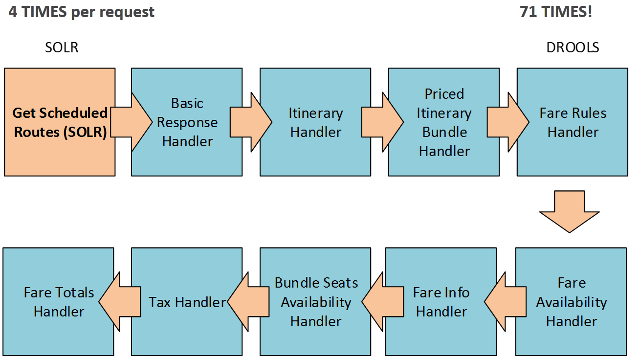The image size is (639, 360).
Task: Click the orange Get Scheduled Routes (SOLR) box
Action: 60,122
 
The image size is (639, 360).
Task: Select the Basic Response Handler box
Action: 187,122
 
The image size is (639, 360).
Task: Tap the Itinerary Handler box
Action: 315,122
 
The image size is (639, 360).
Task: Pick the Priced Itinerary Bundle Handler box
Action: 444,122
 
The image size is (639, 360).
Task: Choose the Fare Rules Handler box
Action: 573,122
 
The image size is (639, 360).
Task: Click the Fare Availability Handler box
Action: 571,301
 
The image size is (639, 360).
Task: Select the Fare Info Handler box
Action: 441,301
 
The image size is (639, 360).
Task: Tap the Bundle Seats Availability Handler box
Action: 315,301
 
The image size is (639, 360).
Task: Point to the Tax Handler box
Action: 187,301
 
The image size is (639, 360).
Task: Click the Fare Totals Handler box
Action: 58,301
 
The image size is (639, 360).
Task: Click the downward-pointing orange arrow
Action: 570,211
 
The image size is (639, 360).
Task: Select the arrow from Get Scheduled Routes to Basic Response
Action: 132,122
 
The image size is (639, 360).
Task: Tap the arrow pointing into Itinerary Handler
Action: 251,122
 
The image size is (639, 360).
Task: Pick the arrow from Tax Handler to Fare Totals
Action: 119,301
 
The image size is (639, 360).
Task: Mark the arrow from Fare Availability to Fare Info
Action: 505,301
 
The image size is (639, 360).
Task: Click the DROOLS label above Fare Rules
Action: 573,47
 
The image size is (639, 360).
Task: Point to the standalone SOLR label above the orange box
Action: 62,47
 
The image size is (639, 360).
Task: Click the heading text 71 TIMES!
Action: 556,12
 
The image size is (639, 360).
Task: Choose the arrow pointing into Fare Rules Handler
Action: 508,122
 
